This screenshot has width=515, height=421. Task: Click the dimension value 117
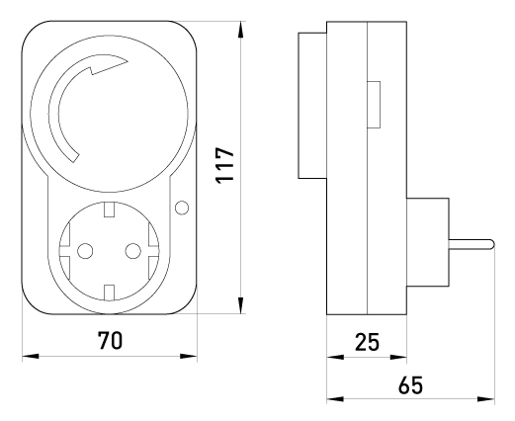(x=224, y=165)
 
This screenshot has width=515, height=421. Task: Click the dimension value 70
(x=110, y=340)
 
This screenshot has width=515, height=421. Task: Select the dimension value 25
(x=367, y=342)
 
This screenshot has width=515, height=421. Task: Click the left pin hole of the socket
(x=85, y=251)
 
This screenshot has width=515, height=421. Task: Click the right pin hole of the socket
(x=133, y=251)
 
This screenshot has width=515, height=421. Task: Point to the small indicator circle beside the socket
(x=182, y=208)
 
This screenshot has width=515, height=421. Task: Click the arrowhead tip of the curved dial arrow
(x=128, y=61)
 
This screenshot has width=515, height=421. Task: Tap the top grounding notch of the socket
(x=109, y=210)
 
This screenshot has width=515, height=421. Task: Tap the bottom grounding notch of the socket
(x=109, y=293)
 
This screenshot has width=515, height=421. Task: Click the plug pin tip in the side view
(x=492, y=244)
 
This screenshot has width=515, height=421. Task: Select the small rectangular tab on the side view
(x=374, y=105)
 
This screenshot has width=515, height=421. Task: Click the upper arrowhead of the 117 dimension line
(x=241, y=30)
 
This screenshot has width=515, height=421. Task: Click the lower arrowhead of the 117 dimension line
(x=241, y=305)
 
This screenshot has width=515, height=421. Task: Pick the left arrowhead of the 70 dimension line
(x=31, y=356)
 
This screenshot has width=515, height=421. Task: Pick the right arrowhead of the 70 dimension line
(x=189, y=356)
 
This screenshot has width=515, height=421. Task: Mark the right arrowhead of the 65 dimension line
(x=486, y=399)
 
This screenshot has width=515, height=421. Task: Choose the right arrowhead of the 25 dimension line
(x=398, y=357)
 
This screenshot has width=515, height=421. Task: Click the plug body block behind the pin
(x=428, y=242)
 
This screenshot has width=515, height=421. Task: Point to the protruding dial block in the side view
(x=312, y=106)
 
